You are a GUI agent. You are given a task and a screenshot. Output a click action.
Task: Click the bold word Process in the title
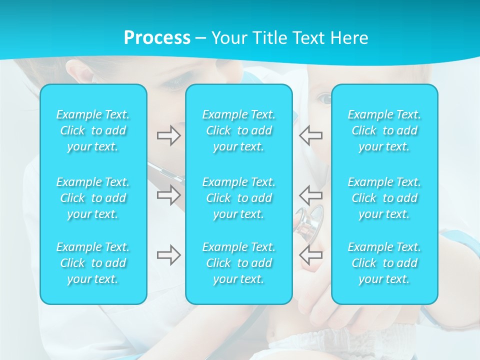pos(157,37)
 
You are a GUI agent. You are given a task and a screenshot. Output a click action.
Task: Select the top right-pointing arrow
pos(168,135)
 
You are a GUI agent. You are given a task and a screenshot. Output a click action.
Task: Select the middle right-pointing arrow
pos(168,195)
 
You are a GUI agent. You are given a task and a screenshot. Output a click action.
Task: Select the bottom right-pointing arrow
pos(168,255)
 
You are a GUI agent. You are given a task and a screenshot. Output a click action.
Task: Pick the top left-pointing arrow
pos(310,135)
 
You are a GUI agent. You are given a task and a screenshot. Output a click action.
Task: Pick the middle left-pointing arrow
pos(310,195)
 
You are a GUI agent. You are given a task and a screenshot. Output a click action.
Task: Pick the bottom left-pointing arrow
pos(310,255)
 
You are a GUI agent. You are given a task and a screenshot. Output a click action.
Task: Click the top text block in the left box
pos(93,130)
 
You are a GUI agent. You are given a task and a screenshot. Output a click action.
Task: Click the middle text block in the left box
pos(93,198)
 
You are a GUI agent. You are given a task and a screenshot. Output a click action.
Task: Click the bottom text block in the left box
pos(93,263)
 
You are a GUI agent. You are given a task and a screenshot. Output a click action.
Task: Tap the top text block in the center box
pos(238,130)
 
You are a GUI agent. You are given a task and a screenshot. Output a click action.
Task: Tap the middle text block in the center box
pos(238,198)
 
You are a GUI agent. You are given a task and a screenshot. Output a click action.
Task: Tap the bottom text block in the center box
pos(238,263)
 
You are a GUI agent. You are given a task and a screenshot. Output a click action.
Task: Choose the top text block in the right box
pos(384,130)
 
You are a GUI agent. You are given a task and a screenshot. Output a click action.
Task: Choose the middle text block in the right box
pos(384,198)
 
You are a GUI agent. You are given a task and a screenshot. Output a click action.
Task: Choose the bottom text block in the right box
pos(384,263)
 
